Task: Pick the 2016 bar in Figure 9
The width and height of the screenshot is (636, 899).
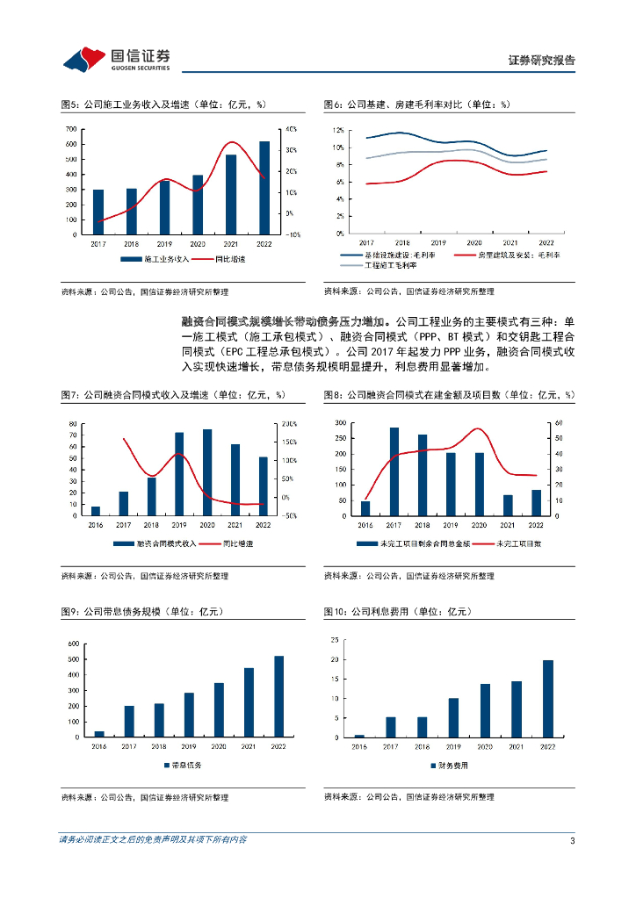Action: point(99,732)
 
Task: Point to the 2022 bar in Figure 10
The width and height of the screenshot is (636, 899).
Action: point(547,698)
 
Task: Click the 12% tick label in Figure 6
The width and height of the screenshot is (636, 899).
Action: point(337,130)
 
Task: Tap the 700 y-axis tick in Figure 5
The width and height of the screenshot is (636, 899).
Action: point(70,130)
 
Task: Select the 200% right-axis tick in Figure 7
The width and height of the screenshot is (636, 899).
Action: point(290,424)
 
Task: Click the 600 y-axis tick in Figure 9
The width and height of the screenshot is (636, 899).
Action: point(73,644)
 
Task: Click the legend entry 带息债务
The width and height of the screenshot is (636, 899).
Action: point(183,766)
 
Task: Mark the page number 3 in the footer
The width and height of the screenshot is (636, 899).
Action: point(572,841)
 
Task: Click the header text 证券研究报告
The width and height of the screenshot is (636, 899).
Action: point(542,61)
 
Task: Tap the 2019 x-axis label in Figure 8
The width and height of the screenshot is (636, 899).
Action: point(451,525)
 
